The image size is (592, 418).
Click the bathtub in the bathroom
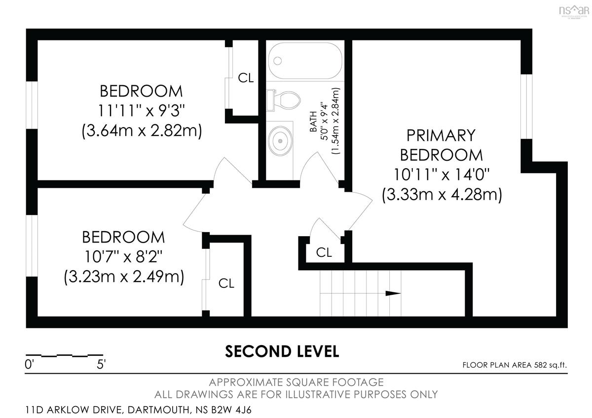click(x=305, y=61)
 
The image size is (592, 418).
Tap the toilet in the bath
click(x=284, y=101)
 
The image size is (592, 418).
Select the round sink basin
click(x=280, y=141)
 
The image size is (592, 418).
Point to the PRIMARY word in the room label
click(x=441, y=136)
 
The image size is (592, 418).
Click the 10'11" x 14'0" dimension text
click(x=442, y=174)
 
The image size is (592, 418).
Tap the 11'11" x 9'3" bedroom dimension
click(x=141, y=110)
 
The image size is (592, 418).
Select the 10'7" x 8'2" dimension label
click(x=123, y=256)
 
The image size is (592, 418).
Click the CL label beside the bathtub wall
click(x=246, y=78)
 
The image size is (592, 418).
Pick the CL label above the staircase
click(x=324, y=253)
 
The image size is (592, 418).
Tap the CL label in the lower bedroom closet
click(x=226, y=283)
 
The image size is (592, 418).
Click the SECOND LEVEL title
click(x=282, y=352)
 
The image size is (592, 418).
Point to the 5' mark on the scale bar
click(x=101, y=365)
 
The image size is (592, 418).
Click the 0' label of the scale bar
click(x=29, y=365)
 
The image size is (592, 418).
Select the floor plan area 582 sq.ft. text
click(x=515, y=365)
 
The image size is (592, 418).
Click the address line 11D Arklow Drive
click(x=138, y=410)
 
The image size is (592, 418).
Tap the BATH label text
click(x=313, y=121)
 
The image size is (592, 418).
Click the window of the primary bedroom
click(x=526, y=106)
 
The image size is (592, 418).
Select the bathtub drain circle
click(x=277, y=61)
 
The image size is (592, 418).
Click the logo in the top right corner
click(x=574, y=12)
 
